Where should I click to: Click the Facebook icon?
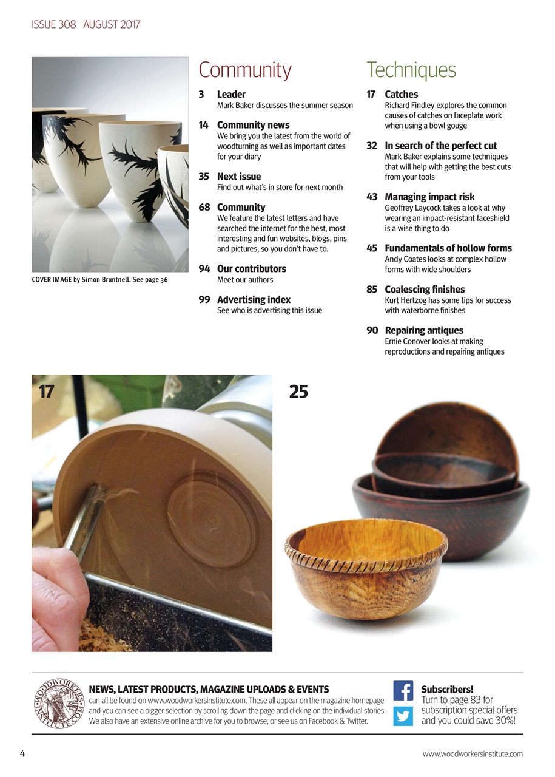403,691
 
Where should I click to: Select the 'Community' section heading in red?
245,70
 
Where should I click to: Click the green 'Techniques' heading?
411,70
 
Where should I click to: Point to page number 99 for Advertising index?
204,300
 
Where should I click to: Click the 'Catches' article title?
401,95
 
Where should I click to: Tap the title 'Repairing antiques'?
423,331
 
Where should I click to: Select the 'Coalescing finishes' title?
425,290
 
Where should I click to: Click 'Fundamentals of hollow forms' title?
448,248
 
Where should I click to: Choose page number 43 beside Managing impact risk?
372,197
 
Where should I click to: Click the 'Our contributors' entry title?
251,269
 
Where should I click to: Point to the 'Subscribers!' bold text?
447,690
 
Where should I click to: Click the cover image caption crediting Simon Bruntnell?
99,280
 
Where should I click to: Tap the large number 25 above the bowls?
298,392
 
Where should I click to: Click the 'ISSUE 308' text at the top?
54,25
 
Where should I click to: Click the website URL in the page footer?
473,754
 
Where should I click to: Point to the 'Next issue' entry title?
239,177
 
